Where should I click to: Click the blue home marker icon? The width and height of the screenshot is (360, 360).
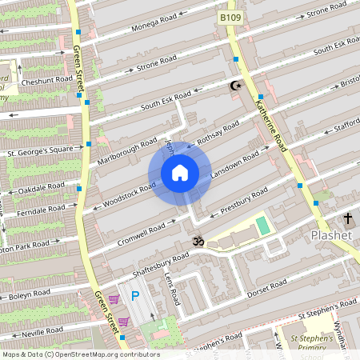tap(179, 173)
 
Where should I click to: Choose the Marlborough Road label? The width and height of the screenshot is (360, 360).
tap(126, 150)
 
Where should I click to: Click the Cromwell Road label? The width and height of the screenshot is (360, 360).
tap(140, 232)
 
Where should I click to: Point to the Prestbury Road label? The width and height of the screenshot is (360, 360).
tap(243, 201)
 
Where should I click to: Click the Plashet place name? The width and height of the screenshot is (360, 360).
tap(330, 236)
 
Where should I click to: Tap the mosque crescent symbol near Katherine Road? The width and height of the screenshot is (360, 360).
tap(235, 85)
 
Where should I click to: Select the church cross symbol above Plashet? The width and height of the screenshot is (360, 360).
tap(348, 218)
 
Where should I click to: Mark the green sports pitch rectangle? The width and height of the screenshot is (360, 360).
tap(262, 226)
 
